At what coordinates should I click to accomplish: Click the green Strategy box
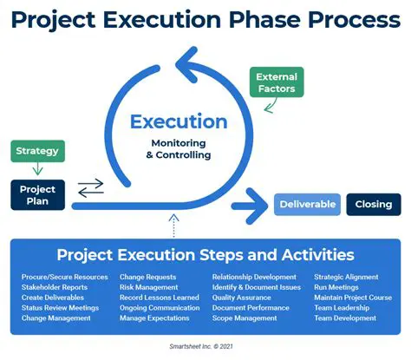37,151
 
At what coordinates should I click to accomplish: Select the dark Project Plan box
36,195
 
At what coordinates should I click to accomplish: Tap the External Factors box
275,82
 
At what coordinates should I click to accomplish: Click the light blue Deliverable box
306,205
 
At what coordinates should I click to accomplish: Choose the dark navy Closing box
374,205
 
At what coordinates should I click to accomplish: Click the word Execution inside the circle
178,122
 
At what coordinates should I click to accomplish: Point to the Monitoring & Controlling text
178,150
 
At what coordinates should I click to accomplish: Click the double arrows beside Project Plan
90,187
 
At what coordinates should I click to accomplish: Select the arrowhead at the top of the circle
186,60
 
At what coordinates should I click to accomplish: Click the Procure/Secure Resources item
64,278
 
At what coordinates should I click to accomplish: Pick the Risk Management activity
148,287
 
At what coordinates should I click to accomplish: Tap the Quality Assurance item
242,298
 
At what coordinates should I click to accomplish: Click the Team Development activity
345,318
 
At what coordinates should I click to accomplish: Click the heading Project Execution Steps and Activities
205,255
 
